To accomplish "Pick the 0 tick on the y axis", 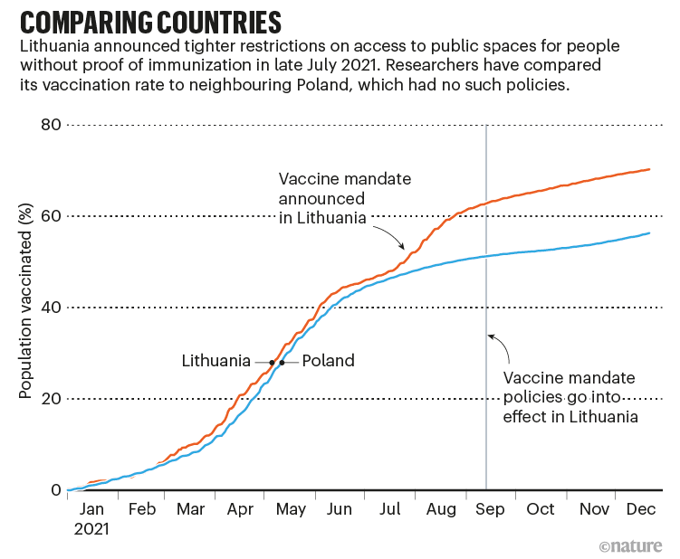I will pos(53,490).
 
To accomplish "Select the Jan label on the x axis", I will pos(91,509).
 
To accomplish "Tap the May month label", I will pos(291,509).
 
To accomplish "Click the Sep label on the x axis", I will pos(490,509).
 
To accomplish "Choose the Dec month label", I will pos(641,509).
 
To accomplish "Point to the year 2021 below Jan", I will pos(91,527).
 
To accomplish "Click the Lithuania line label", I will pos(215,361).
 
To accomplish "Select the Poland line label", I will pos(328,361).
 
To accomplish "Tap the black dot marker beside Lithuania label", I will pos(271,362).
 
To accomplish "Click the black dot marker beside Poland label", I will pos(282,362).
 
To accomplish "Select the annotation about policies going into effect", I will pos(570,397).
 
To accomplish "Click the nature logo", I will pos(631,545).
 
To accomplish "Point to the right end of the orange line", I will pos(650,169).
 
